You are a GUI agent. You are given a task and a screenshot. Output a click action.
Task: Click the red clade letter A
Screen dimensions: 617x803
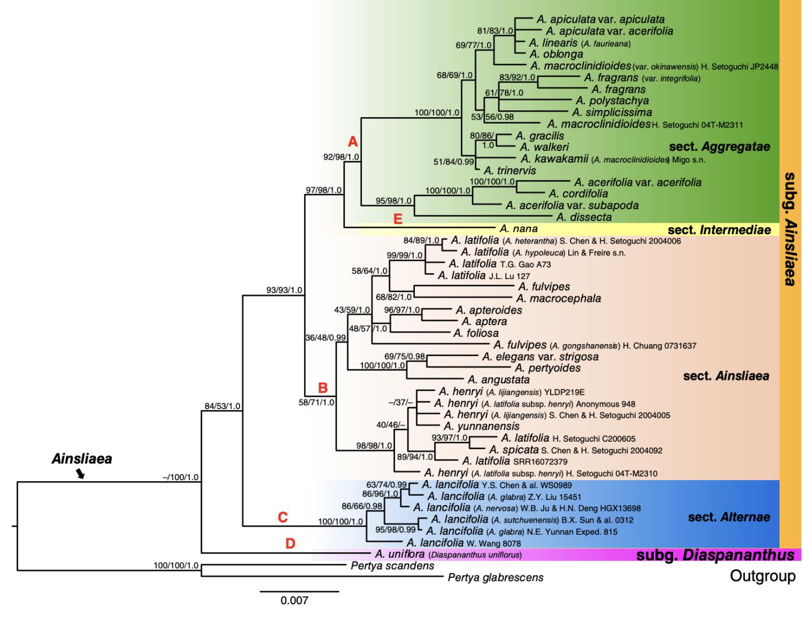(353, 142)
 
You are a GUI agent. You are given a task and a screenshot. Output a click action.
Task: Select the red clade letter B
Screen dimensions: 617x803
(322, 387)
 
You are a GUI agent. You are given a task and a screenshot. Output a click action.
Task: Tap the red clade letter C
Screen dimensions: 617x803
(283, 517)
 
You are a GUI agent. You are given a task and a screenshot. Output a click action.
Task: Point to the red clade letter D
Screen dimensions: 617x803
(290, 544)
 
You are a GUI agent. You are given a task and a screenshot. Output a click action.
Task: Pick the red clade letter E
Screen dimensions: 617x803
(398, 220)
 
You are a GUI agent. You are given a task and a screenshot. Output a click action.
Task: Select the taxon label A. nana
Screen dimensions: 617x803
(518, 229)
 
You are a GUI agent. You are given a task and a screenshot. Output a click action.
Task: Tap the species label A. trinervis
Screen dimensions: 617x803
(510, 171)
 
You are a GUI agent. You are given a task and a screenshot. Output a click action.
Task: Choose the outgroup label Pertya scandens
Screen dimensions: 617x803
(392, 566)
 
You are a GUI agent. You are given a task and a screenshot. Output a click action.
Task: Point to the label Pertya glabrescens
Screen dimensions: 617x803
(495, 577)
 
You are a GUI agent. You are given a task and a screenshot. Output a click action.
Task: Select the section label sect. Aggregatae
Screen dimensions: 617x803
(719, 147)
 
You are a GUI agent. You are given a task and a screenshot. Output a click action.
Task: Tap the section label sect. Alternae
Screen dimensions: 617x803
(728, 517)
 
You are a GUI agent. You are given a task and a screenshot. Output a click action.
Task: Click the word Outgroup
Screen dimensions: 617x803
(762, 577)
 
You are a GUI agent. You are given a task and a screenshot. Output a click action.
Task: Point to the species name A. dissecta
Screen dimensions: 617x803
(583, 217)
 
